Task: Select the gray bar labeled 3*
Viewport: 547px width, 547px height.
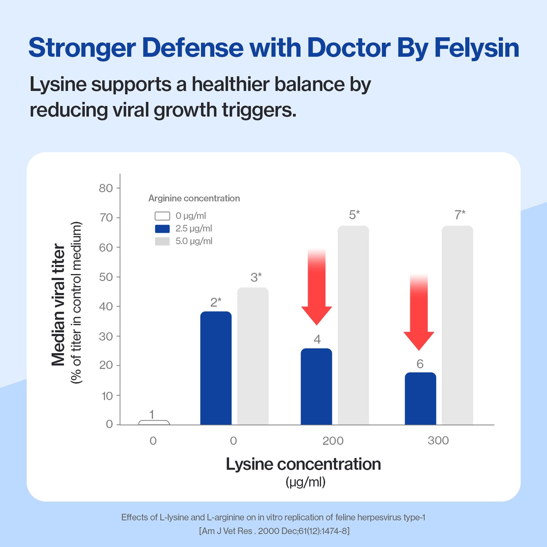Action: (x=253, y=356)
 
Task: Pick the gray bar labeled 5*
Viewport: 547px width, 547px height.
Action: (x=353, y=326)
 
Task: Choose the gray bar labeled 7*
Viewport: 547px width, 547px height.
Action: (x=457, y=326)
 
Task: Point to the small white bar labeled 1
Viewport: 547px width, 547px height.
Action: (x=154, y=422)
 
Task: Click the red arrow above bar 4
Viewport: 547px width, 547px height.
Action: (x=316, y=288)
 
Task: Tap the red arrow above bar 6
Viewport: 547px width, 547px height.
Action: (x=419, y=312)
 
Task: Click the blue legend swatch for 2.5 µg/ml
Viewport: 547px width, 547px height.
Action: (x=162, y=229)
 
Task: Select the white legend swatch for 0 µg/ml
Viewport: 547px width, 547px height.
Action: (x=162, y=216)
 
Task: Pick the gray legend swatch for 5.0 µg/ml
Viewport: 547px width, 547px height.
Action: (x=162, y=241)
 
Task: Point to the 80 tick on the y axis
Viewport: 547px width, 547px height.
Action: (x=106, y=188)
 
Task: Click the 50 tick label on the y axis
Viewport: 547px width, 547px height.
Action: (x=106, y=277)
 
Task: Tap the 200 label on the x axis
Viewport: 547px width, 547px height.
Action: (x=333, y=441)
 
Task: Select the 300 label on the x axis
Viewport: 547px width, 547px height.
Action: (x=438, y=441)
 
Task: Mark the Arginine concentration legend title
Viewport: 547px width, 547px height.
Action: (x=194, y=198)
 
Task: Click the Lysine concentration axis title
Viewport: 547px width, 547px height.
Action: (x=303, y=464)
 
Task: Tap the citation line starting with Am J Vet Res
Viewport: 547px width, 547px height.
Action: (x=274, y=531)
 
